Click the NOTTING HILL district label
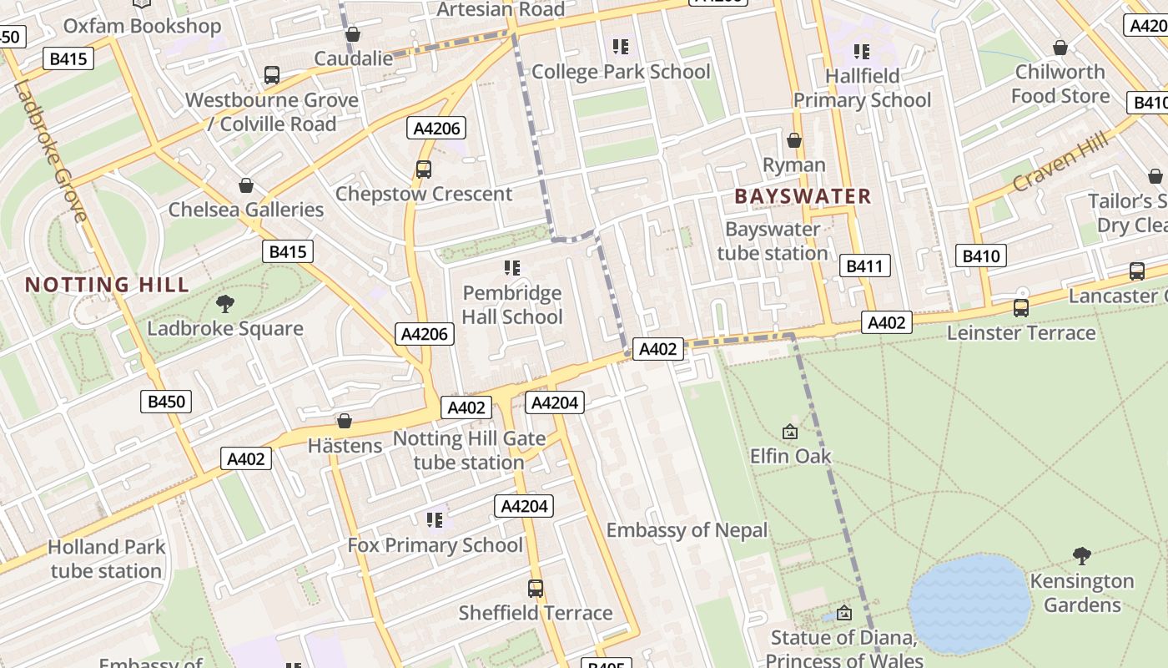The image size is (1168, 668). tap(107, 285)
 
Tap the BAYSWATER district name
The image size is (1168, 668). tap(803, 197)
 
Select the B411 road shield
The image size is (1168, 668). tap(863, 266)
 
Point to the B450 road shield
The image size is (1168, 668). tap(166, 402)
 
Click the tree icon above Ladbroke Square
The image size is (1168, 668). tap(224, 304)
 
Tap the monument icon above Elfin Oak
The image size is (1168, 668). tap(789, 432)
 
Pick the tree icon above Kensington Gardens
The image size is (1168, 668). tap(1082, 555)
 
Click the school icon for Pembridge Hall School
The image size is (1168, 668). tap(511, 268)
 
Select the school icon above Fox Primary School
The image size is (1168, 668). tap(434, 520)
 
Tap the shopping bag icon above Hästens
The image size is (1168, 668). tap(344, 421)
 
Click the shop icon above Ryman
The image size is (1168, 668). tap(794, 140)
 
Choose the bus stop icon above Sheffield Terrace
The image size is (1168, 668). tap(536, 588)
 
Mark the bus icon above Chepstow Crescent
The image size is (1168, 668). tap(424, 170)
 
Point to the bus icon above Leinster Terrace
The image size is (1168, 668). tap(1020, 308)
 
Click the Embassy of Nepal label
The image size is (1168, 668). tap(687, 530)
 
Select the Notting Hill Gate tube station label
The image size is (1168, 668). tap(469, 450)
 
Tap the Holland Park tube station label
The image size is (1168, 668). tap(106, 559)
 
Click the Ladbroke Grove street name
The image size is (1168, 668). tap(50, 150)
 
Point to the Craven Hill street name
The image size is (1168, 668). tap(1060, 160)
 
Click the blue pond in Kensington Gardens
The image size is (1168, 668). tap(968, 603)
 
